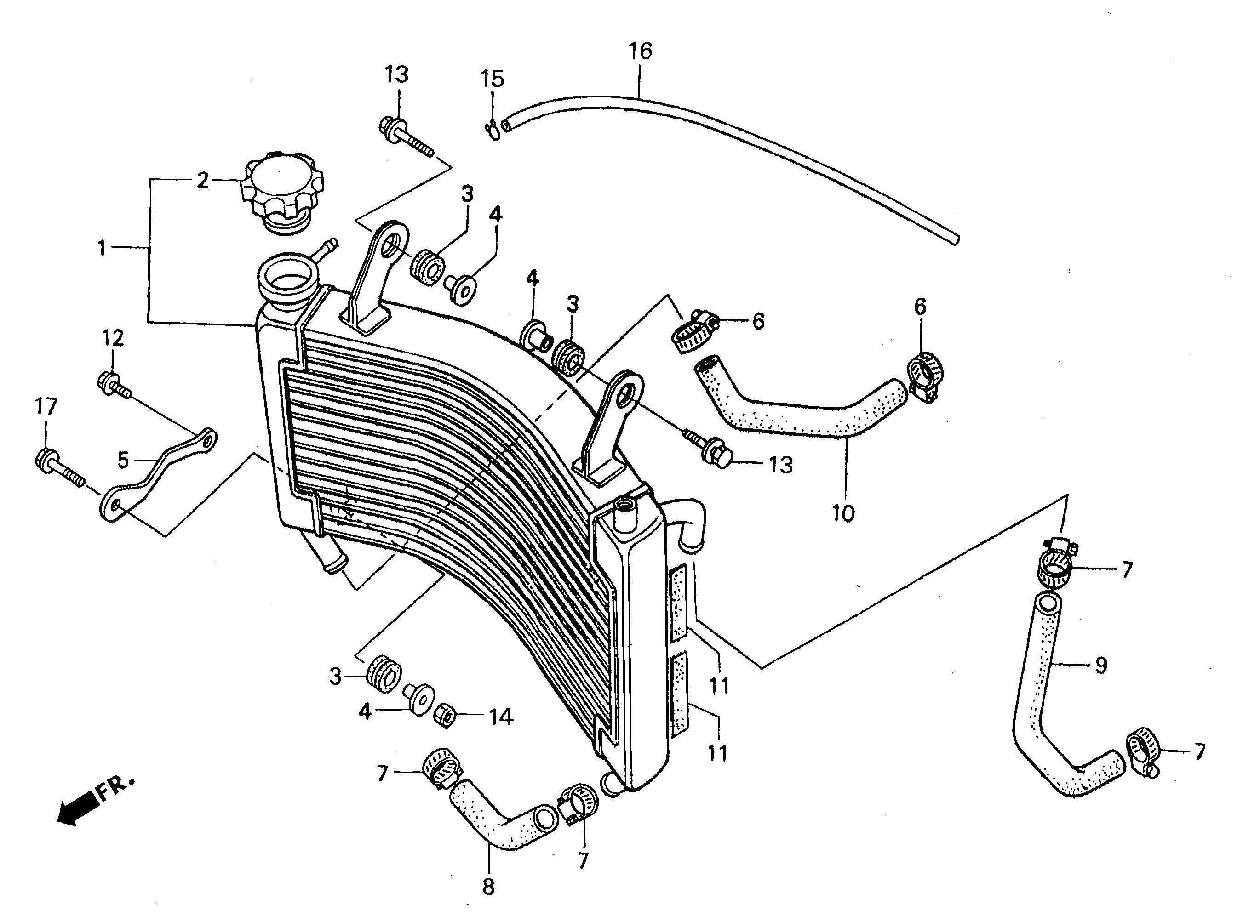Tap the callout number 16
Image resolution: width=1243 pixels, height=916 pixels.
[640, 51]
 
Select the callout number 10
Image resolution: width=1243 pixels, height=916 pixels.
[842, 514]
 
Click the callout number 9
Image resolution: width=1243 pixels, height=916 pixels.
[1101, 665]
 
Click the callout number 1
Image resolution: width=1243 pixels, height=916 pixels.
[102, 248]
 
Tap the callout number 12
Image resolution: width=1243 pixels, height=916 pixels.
[113, 338]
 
